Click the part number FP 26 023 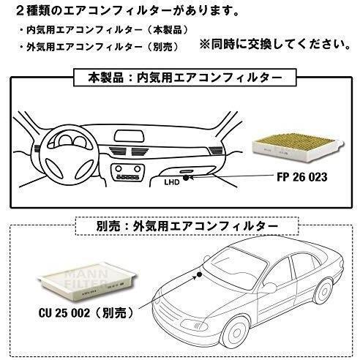pyautogui.click(x=302, y=176)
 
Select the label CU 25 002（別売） pyautogui.click(x=87, y=312)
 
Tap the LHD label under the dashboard pyautogui.click(x=172, y=182)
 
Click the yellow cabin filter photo pyautogui.click(x=298, y=149)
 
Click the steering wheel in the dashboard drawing pyautogui.click(x=70, y=154)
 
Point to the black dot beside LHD pyautogui.click(x=186, y=178)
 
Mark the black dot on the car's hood pyautogui.click(x=199, y=275)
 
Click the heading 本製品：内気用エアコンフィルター pyautogui.click(x=185, y=78)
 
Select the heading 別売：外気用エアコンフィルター pyautogui.click(x=187, y=226)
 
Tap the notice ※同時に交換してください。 pyautogui.click(x=276, y=45)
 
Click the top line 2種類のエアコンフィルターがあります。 pyautogui.click(x=127, y=11)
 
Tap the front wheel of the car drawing pyautogui.click(x=235, y=333)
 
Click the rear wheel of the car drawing pyautogui.click(x=323, y=292)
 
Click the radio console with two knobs pyautogui.click(x=127, y=172)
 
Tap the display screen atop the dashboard pyautogui.click(x=129, y=136)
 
